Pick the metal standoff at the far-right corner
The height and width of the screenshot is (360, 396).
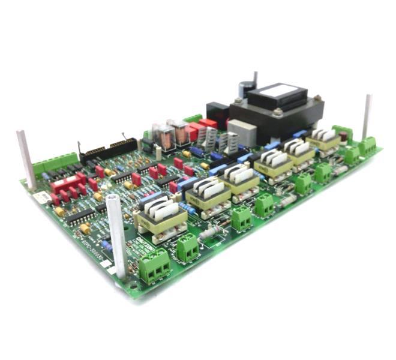click(x=366, y=116)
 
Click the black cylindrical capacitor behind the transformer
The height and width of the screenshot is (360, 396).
click(x=245, y=90)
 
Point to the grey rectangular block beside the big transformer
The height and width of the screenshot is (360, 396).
click(x=241, y=133)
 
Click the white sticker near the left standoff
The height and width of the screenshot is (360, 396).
click(x=38, y=197)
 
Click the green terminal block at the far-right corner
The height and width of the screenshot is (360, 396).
click(x=367, y=145)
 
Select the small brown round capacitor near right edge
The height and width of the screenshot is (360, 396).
click(x=343, y=137)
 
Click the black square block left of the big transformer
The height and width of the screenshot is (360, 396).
click(x=217, y=114)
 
